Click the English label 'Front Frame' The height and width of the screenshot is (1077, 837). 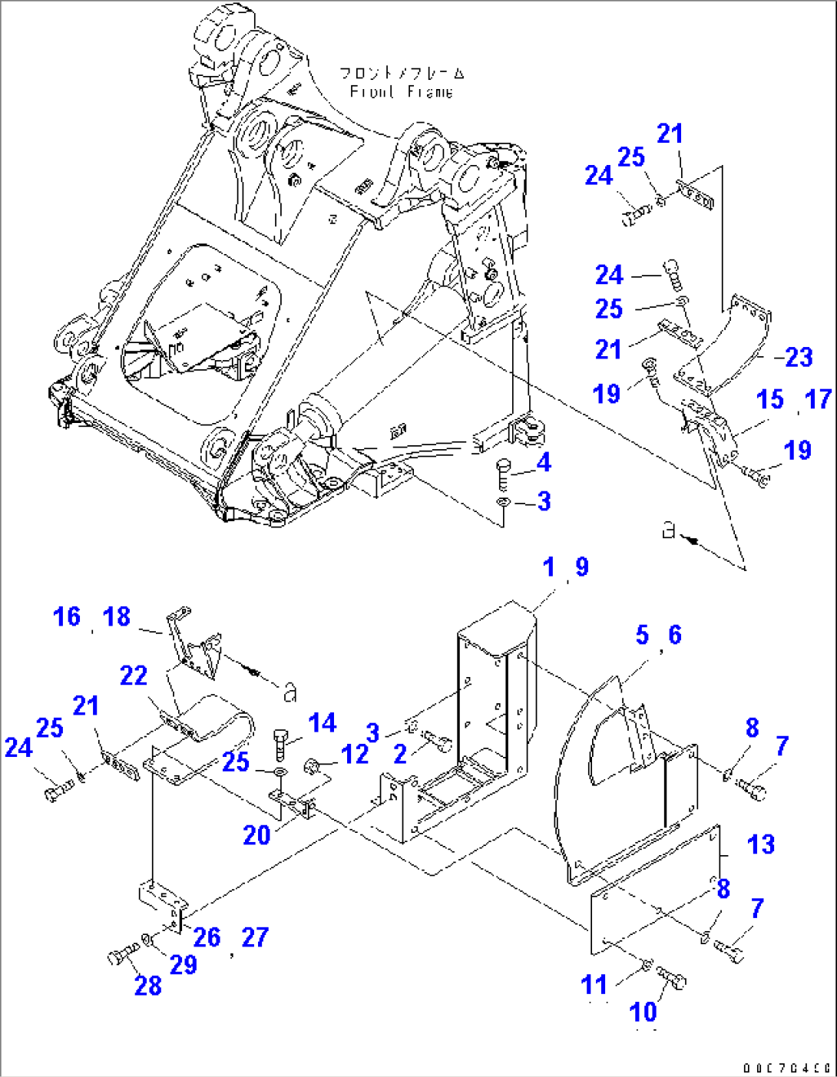point(401,92)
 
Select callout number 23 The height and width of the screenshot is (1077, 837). point(799,356)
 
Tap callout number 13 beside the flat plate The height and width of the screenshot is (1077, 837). point(761,844)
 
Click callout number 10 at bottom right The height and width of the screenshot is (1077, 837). point(643,1013)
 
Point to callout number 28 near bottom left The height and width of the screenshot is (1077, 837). point(148,986)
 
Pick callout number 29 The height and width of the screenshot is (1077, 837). point(184,964)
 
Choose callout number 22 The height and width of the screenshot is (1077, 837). point(134,676)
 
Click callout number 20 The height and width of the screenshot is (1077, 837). point(256,835)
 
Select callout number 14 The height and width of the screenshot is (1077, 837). point(323,723)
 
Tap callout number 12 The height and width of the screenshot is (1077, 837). point(355,755)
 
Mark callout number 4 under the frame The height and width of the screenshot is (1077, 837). point(544,463)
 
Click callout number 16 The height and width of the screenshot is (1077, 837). point(67,616)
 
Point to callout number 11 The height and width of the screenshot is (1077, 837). point(594,985)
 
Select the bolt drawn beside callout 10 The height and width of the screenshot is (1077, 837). point(673,977)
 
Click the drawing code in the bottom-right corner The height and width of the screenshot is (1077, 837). point(787,1067)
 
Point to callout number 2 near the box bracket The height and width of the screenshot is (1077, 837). point(400,754)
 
